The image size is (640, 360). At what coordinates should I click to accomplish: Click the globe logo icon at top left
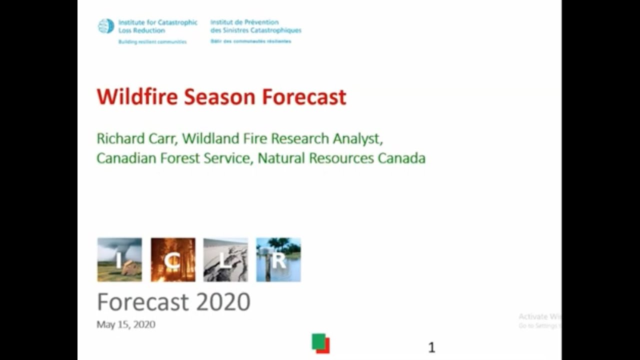click(106, 26)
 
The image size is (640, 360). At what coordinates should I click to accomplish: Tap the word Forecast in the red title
click(304, 96)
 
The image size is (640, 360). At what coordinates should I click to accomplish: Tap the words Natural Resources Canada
click(341, 158)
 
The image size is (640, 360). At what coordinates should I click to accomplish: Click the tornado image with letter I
click(119, 259)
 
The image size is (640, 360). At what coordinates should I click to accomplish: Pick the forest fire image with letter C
click(173, 259)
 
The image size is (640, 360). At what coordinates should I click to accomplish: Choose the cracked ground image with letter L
click(225, 259)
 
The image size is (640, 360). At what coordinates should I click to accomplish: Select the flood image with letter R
click(278, 259)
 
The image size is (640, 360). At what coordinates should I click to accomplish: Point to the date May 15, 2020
click(126, 324)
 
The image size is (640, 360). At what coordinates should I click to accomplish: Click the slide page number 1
click(431, 347)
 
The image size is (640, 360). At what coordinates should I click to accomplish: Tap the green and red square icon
click(320, 343)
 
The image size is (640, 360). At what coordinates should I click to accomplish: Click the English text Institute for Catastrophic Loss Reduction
click(157, 26)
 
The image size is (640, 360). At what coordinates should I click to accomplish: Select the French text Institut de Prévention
click(244, 22)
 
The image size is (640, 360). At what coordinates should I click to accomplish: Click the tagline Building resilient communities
click(152, 42)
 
